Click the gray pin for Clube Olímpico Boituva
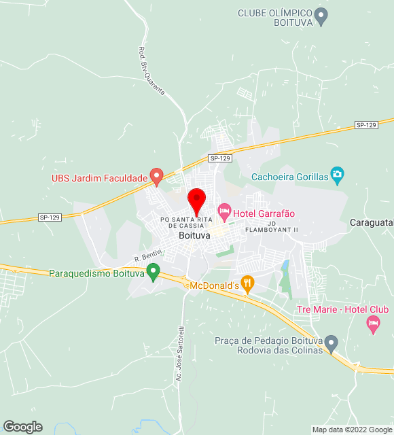[x=323, y=14]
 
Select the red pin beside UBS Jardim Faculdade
[x=156, y=177]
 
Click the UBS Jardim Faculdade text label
[x=99, y=179]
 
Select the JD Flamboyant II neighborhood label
[x=283, y=226]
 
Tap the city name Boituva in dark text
[x=194, y=235]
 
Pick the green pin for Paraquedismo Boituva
[x=154, y=273]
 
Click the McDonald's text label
[x=215, y=285]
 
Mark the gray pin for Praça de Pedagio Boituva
[x=331, y=342]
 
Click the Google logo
[x=22, y=426]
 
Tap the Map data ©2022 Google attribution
[x=352, y=430]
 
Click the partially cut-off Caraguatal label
[x=372, y=222]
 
